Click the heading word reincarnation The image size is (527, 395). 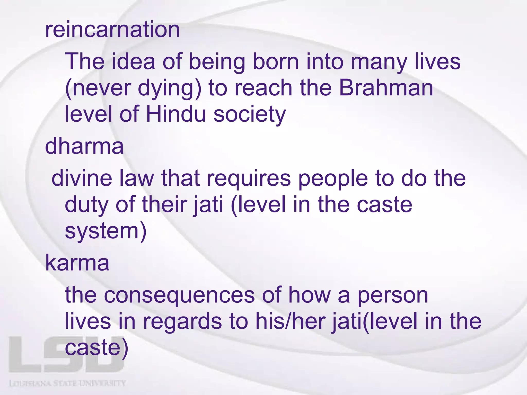point(112,30)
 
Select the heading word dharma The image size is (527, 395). point(84,147)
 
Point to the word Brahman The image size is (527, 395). point(386,88)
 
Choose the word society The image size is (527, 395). point(250,115)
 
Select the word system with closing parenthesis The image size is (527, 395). point(106,231)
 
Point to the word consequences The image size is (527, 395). point(179,296)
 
